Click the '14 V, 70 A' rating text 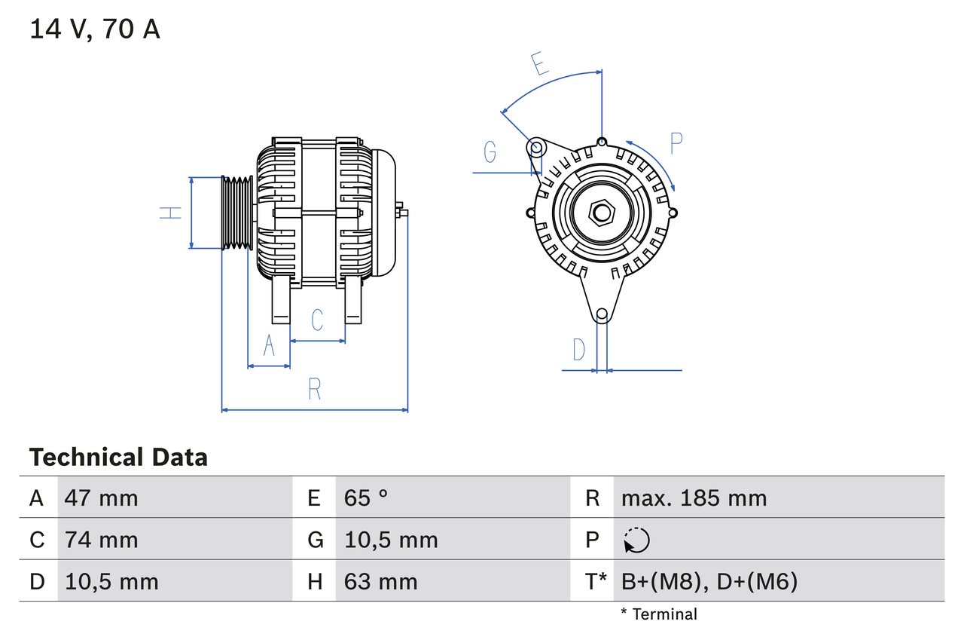tap(95, 29)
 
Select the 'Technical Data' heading tap(118, 457)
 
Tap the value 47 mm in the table tap(101, 498)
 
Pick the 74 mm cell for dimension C tap(101, 540)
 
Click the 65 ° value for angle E tap(366, 498)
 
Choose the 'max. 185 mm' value tap(694, 498)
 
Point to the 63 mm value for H tap(380, 581)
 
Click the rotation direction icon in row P tap(636, 540)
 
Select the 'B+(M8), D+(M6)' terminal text tap(709, 581)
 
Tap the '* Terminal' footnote tap(659, 614)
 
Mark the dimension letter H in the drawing tap(172, 213)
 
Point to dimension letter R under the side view tap(315, 389)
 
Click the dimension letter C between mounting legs tap(317, 320)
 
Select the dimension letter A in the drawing tap(269, 346)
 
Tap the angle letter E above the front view tap(538, 64)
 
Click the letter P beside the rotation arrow tap(676, 143)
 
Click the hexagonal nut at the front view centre tap(601, 213)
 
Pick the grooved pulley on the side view tap(237, 213)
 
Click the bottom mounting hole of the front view tap(601, 314)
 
